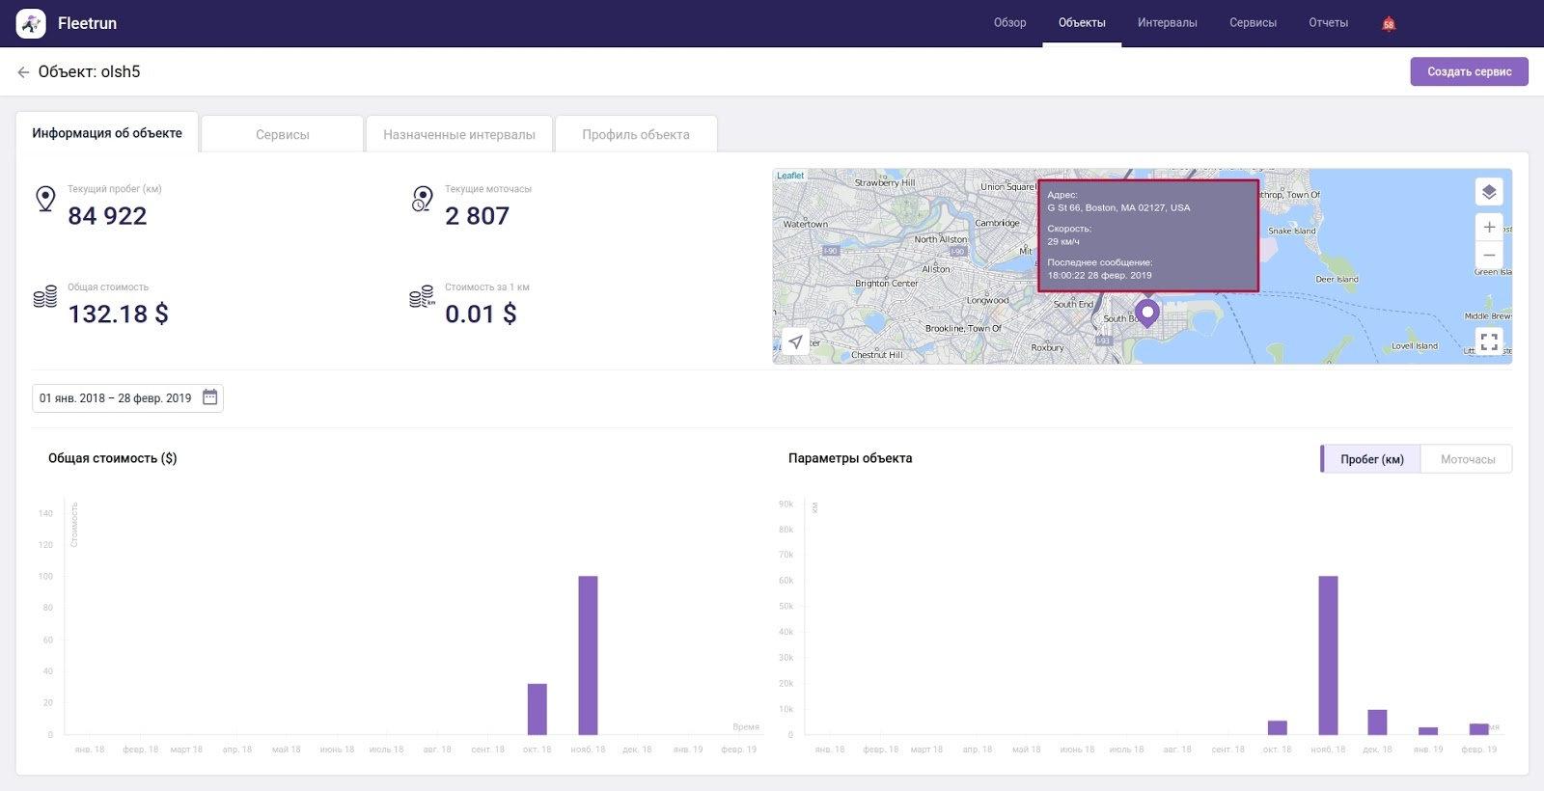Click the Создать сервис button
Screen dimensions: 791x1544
pyautogui.click(x=1469, y=71)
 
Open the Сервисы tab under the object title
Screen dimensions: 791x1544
pyautogui.click(x=282, y=135)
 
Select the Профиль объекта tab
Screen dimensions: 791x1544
pyautogui.click(x=635, y=135)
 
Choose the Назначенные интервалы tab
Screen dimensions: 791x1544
pyautogui.click(x=458, y=135)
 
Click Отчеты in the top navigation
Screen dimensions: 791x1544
pyautogui.click(x=1328, y=23)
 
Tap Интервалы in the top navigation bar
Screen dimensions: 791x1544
pyautogui.click(x=1167, y=23)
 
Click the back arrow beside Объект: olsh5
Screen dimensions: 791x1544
pyautogui.click(x=23, y=72)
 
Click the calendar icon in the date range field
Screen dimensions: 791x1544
pyautogui.click(x=210, y=397)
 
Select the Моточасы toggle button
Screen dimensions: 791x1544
pyautogui.click(x=1467, y=459)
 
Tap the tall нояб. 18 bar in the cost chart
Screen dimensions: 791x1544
pyautogui.click(x=588, y=656)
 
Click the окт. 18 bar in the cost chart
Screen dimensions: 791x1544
pyautogui.click(x=537, y=709)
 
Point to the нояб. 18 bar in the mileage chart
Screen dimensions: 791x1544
pyautogui.click(x=1328, y=656)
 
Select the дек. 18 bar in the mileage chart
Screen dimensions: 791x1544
pyautogui.click(x=1377, y=723)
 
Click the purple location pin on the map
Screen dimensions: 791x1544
pyautogui.click(x=1146, y=313)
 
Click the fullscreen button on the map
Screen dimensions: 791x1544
pyautogui.click(x=1489, y=341)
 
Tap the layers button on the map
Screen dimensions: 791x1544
pyautogui.click(x=1489, y=192)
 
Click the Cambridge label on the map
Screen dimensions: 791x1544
pyautogui.click(x=997, y=223)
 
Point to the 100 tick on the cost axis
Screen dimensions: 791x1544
pyautogui.click(x=45, y=577)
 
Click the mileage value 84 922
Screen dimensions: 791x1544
pyautogui.click(x=107, y=216)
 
